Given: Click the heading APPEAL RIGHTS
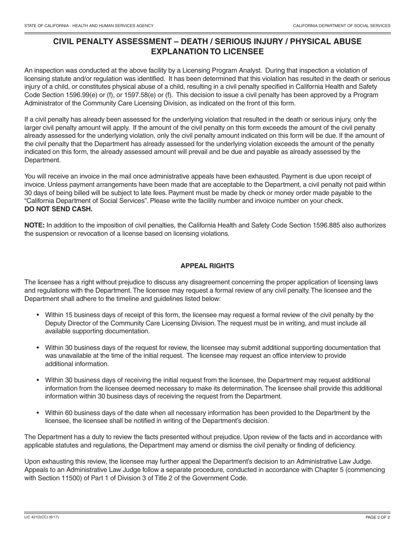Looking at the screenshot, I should point(207,266).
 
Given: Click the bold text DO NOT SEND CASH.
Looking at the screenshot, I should point(59,209).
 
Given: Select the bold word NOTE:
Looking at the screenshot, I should point(35,225).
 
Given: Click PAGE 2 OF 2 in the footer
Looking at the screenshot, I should point(378,517).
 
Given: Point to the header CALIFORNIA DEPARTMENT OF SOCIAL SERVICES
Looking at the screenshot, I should point(342,26).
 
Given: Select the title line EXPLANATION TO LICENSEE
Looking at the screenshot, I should point(207,52).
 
